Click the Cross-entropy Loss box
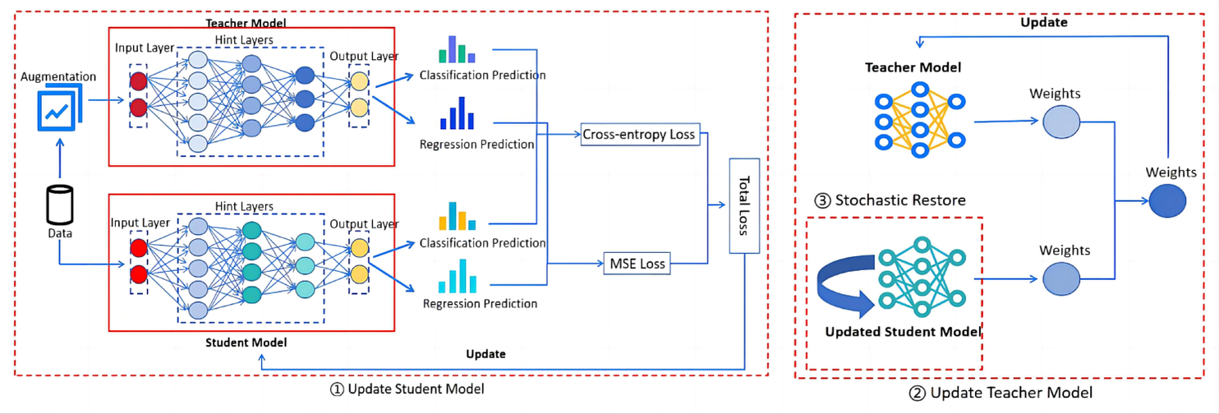point(639,134)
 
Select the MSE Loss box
point(637,264)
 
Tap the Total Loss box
point(743,205)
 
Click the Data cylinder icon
point(59,205)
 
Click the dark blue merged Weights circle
point(1167,200)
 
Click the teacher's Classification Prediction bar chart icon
point(458,49)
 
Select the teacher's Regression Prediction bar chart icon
point(458,113)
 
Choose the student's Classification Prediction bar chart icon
point(458,215)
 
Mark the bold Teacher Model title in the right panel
point(912,67)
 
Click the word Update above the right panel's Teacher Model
point(1043,23)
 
